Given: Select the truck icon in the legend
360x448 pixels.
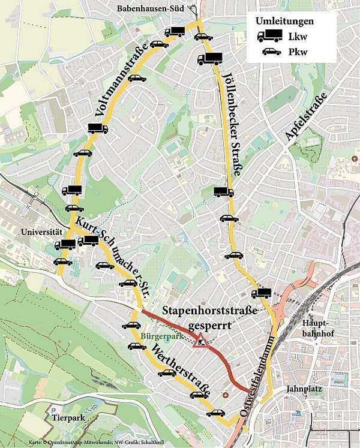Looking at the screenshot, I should [x=269, y=36].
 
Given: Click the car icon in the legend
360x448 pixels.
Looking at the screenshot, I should [x=271, y=52].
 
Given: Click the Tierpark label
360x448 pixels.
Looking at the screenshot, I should [x=67, y=417].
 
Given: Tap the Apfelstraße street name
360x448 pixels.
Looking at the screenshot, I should [x=306, y=118].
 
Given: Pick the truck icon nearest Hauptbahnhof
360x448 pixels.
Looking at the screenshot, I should [x=262, y=293].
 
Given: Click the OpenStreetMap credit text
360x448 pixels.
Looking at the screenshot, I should [x=66, y=443].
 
